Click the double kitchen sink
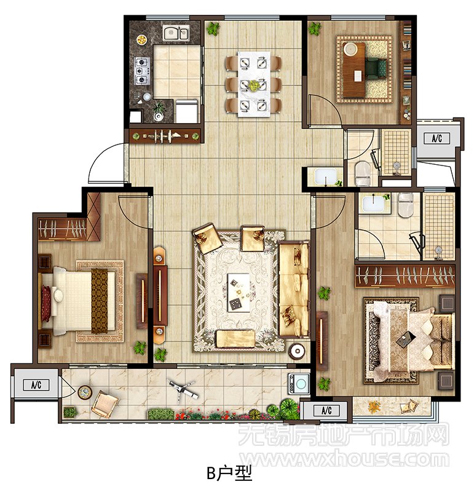tap(176, 33)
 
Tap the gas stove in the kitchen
tap(141, 71)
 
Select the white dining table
tap(254, 84)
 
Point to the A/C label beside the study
tap(436, 138)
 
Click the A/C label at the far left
tap(36, 385)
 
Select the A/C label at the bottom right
tap(326, 410)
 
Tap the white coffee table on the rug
tap(239, 293)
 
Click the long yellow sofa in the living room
tap(293, 289)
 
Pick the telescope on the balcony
tap(183, 390)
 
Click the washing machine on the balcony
tap(299, 383)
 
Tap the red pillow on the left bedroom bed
tap(45, 303)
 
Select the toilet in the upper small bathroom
tap(363, 173)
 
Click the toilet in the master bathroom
tap(405, 205)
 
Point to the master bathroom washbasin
tap(373, 204)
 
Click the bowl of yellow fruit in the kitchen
tap(141, 39)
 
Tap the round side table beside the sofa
tap(297, 351)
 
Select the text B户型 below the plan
tap(229, 474)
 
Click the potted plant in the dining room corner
tap(213, 29)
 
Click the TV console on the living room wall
tap(160, 296)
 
